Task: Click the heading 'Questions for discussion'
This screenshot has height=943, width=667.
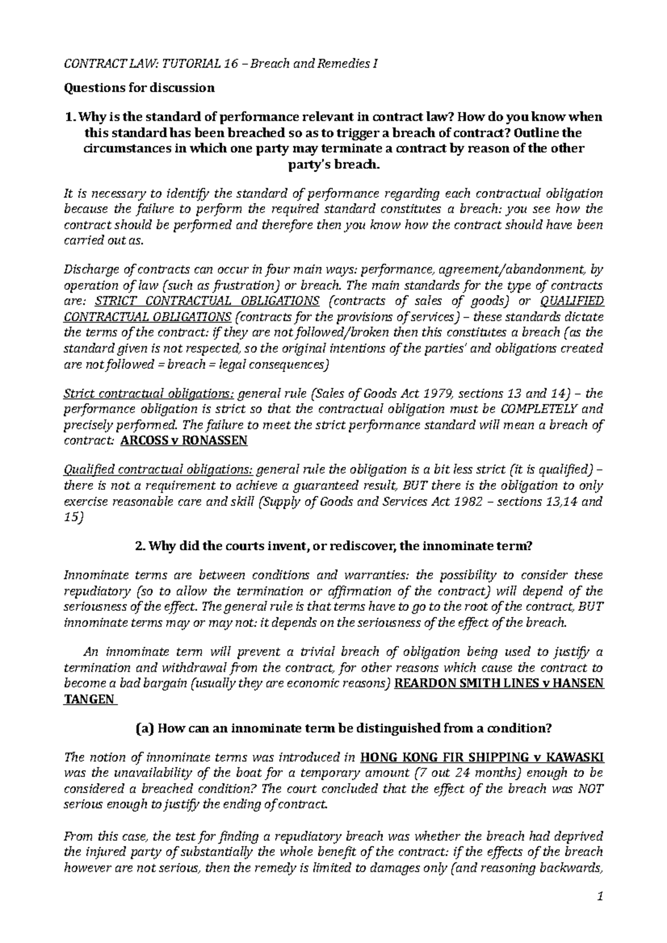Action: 140,88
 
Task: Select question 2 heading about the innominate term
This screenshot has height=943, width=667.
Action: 333,546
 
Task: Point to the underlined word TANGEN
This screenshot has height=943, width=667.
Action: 89,699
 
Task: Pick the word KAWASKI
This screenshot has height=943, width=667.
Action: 573,758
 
